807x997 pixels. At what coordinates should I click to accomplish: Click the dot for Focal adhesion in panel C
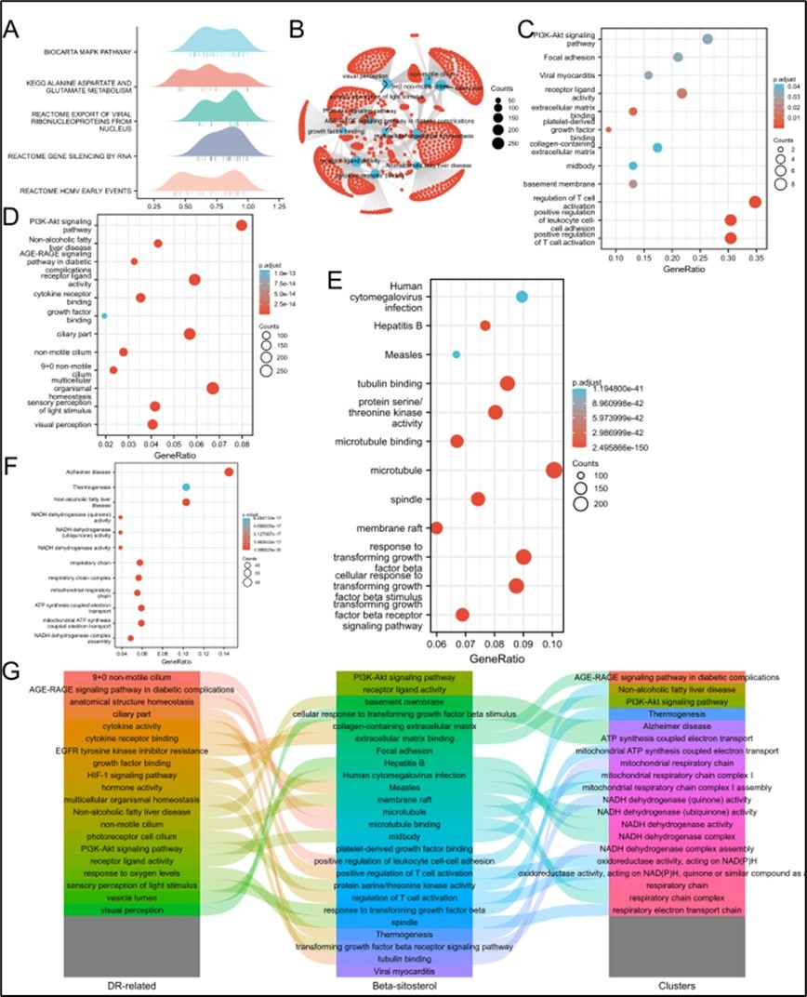(x=678, y=58)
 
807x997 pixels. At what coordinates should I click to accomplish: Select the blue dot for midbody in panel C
(x=633, y=166)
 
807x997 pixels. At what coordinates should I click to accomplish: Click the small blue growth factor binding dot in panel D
(x=104, y=316)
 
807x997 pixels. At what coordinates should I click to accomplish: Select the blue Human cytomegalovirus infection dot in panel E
(x=522, y=297)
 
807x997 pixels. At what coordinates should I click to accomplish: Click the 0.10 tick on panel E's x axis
(x=552, y=642)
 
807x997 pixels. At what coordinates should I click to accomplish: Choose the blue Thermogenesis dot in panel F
(x=186, y=487)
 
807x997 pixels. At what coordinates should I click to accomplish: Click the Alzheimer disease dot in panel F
(x=229, y=472)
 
